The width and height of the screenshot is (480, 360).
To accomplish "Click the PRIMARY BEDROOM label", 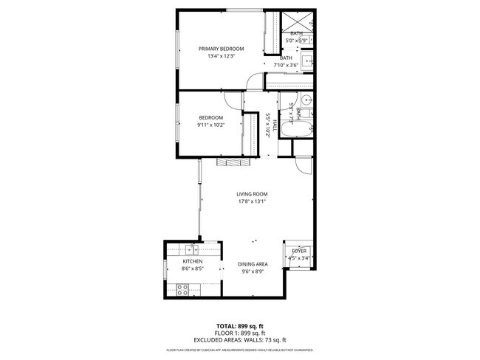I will click(x=221, y=49).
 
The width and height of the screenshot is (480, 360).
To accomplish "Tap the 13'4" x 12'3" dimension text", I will click(x=221, y=57).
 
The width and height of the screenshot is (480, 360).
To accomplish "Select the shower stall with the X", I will click(x=297, y=21).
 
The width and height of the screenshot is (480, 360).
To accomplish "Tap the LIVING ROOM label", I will click(x=252, y=193).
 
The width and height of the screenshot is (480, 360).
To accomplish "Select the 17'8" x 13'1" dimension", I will click(x=252, y=201).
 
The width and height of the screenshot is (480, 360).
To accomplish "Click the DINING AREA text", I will click(x=253, y=263).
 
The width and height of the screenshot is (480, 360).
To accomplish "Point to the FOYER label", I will click(x=298, y=252).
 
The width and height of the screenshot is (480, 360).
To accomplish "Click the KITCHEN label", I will click(x=193, y=261).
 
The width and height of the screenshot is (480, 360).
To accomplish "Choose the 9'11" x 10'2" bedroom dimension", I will click(x=210, y=125).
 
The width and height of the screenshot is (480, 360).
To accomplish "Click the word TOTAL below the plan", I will click(x=226, y=325).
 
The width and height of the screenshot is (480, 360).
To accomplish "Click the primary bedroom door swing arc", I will click(x=253, y=82).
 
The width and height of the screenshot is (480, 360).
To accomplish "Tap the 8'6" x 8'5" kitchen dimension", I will click(x=193, y=269).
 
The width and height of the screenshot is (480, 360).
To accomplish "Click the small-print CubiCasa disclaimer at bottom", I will click(x=240, y=350).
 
